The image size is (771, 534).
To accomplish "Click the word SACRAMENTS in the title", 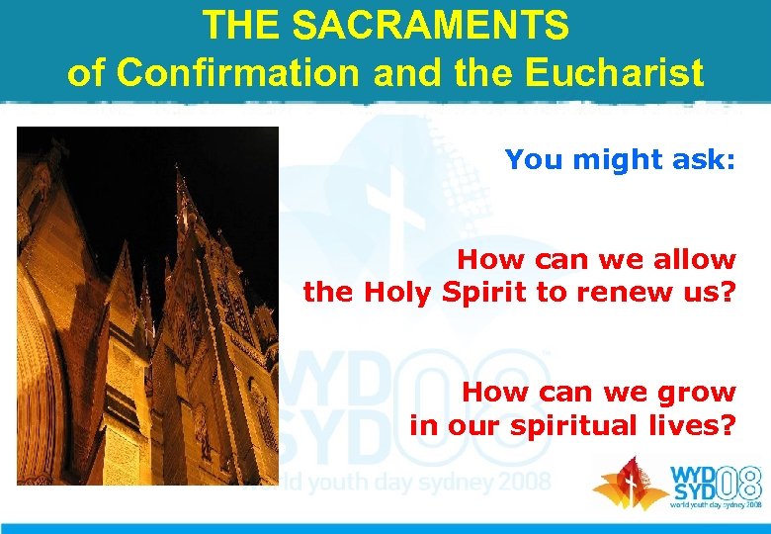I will click(x=420, y=26).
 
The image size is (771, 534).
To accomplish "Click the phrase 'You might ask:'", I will click(x=620, y=159).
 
